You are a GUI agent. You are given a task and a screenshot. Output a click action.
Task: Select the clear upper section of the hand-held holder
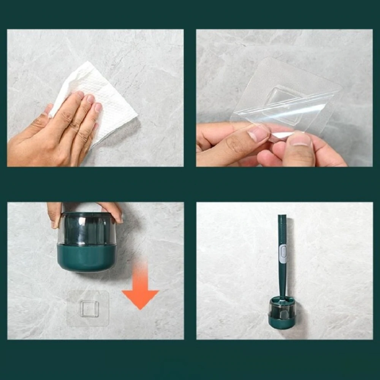click(87, 228)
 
